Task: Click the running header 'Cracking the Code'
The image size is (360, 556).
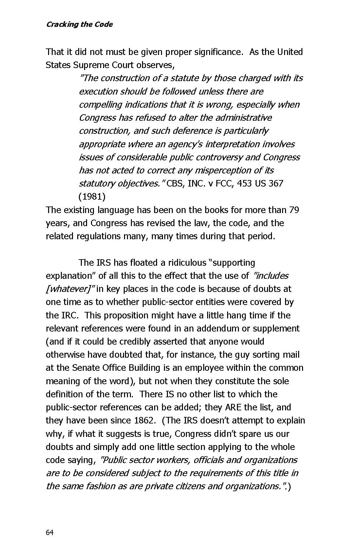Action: (x=79, y=25)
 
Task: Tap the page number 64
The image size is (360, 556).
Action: (x=49, y=533)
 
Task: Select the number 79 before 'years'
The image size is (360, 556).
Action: (x=294, y=210)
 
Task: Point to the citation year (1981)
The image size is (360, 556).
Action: (x=92, y=197)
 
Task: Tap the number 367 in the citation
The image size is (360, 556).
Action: (x=276, y=183)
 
